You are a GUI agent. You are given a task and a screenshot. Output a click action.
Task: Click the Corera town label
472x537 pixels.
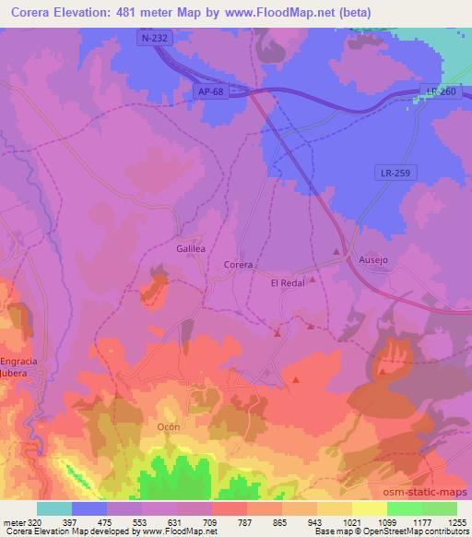(238, 265)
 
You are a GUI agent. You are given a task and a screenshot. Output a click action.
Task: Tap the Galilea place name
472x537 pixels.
(189, 248)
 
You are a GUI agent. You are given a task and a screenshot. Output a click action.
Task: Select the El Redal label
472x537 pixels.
(287, 284)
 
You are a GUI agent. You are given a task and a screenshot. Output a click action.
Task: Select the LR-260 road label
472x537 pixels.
(442, 89)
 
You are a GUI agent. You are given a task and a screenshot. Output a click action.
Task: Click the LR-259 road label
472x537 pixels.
(393, 172)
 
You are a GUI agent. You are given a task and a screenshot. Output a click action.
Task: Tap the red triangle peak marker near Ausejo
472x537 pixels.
(336, 251)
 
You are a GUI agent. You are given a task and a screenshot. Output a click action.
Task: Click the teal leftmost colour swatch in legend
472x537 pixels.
(54, 508)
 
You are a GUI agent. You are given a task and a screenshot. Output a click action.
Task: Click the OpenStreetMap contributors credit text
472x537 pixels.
(414, 531)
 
